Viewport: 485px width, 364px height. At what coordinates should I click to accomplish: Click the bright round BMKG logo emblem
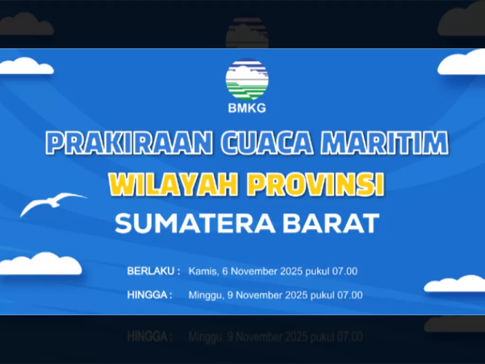point(247,79)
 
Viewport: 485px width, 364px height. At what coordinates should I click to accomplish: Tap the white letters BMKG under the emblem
point(247,108)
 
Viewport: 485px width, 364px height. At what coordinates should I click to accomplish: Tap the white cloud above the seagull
point(26,66)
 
